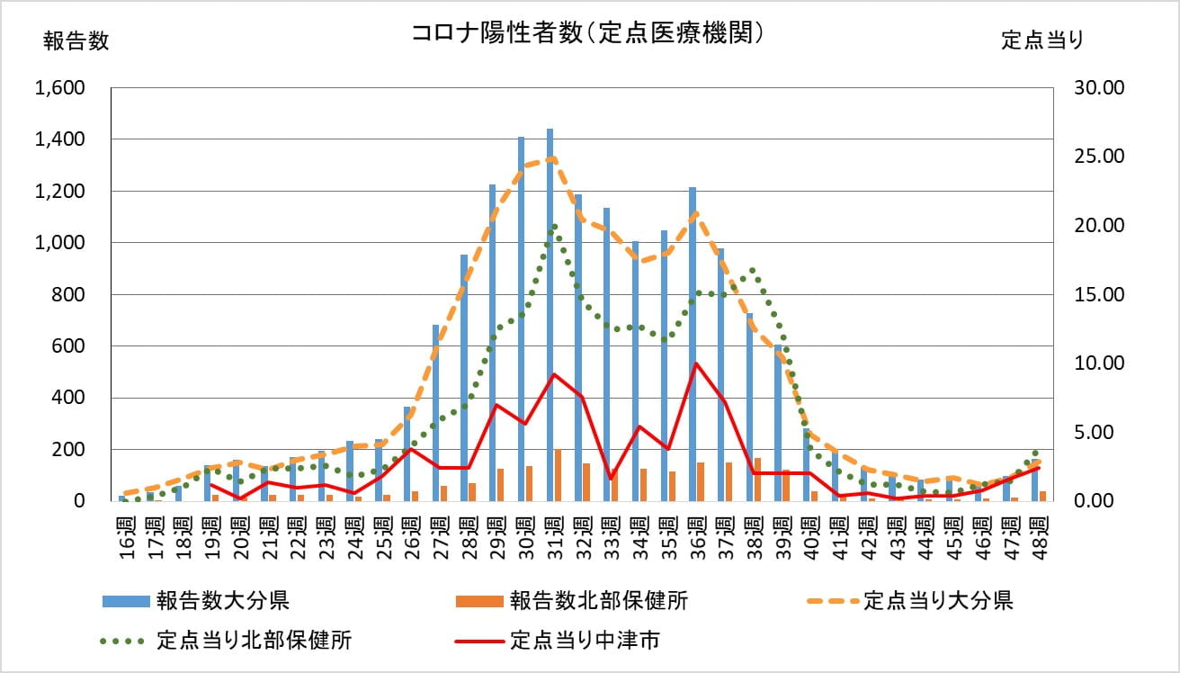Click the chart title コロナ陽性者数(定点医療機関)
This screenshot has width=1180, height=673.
click(588, 33)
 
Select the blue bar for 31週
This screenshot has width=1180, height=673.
click(550, 315)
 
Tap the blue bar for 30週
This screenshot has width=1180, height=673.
click(521, 319)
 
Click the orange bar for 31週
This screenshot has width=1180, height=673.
click(559, 475)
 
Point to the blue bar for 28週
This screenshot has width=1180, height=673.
click(464, 378)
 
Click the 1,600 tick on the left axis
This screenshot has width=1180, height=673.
click(59, 88)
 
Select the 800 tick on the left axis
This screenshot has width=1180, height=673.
click(70, 294)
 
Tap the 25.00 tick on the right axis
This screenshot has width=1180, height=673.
click(1095, 157)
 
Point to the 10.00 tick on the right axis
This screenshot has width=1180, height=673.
click(1095, 363)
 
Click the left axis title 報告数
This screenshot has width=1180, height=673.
click(76, 41)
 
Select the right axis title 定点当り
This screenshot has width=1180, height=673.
click(1042, 40)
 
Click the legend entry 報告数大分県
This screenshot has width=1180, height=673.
click(221, 600)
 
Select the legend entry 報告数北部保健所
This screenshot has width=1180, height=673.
click(598, 600)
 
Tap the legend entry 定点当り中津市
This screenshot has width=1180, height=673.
click(585, 641)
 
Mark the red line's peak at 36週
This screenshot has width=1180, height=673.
click(695, 363)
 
